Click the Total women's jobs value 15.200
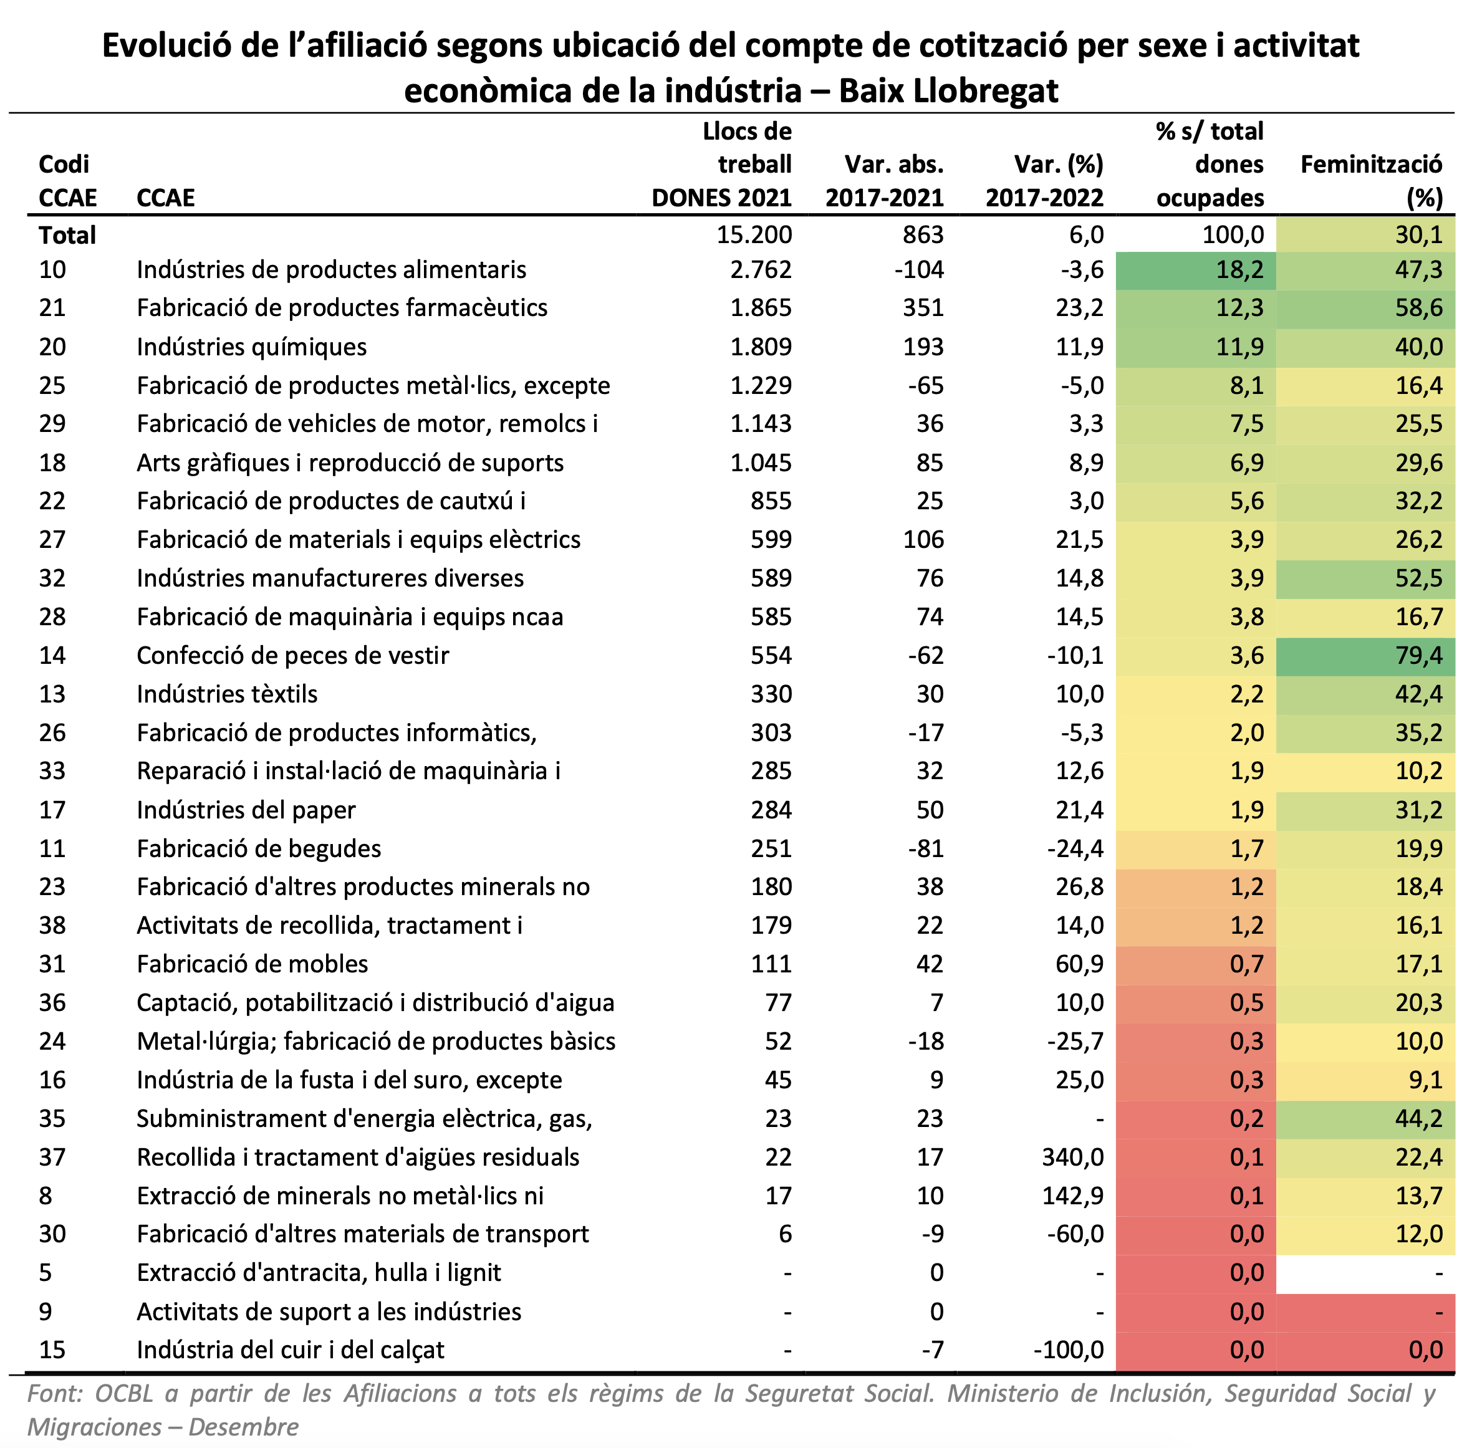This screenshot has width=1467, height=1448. coord(754,234)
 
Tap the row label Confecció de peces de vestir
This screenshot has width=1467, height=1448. coord(292,655)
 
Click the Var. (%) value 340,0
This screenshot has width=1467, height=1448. coord(1073,1156)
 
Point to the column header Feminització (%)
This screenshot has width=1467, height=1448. coord(1372,181)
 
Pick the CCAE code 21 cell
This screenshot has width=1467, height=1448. coord(52,307)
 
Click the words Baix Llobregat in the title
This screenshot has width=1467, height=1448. coord(948,91)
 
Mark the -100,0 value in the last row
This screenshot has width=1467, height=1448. coord(1069,1350)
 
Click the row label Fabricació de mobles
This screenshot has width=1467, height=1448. coord(252,964)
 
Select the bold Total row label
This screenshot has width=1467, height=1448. coord(67,236)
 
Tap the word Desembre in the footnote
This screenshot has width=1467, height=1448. coord(243,1427)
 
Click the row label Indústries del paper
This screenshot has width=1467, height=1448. coord(246,810)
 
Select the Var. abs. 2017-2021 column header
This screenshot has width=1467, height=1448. coord(885,181)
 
